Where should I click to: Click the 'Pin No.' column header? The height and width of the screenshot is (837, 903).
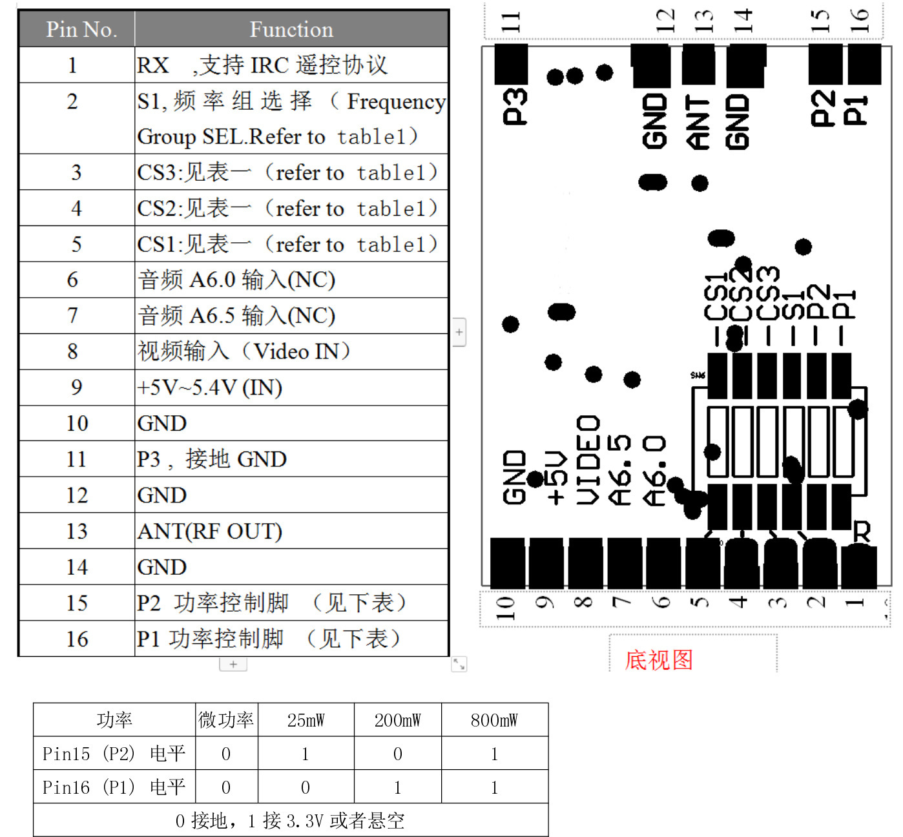coord(81,30)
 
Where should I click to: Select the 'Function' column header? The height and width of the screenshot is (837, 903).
coord(291,30)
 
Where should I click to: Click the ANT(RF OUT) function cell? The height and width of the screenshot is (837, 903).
coord(210,531)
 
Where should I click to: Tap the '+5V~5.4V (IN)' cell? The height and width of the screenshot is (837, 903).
coord(210,387)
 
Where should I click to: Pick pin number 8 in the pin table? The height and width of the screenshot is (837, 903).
coord(73,351)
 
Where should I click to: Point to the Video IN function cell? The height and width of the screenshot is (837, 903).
coord(244,351)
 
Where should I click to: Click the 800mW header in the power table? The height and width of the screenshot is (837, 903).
coord(494,720)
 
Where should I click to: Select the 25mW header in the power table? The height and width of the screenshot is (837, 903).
coord(306,720)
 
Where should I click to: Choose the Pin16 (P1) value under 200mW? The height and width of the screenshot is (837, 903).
coord(398,787)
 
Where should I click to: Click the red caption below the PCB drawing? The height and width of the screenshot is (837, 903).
coord(658,659)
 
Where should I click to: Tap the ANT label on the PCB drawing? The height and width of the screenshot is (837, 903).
coord(698,122)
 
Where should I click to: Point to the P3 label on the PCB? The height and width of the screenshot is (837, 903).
coord(515,107)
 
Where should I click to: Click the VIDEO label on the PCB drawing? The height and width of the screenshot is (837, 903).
coord(588,460)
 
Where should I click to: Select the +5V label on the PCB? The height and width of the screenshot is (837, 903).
coord(557,478)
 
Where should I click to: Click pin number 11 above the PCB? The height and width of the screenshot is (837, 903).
coord(511,22)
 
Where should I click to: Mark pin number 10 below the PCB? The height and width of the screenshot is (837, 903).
coord(505,608)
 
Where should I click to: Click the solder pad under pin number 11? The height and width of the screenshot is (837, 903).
coord(511,64)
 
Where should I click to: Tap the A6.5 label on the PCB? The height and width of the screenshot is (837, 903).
coord(620,470)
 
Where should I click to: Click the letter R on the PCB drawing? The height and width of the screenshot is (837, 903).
coord(862,532)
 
